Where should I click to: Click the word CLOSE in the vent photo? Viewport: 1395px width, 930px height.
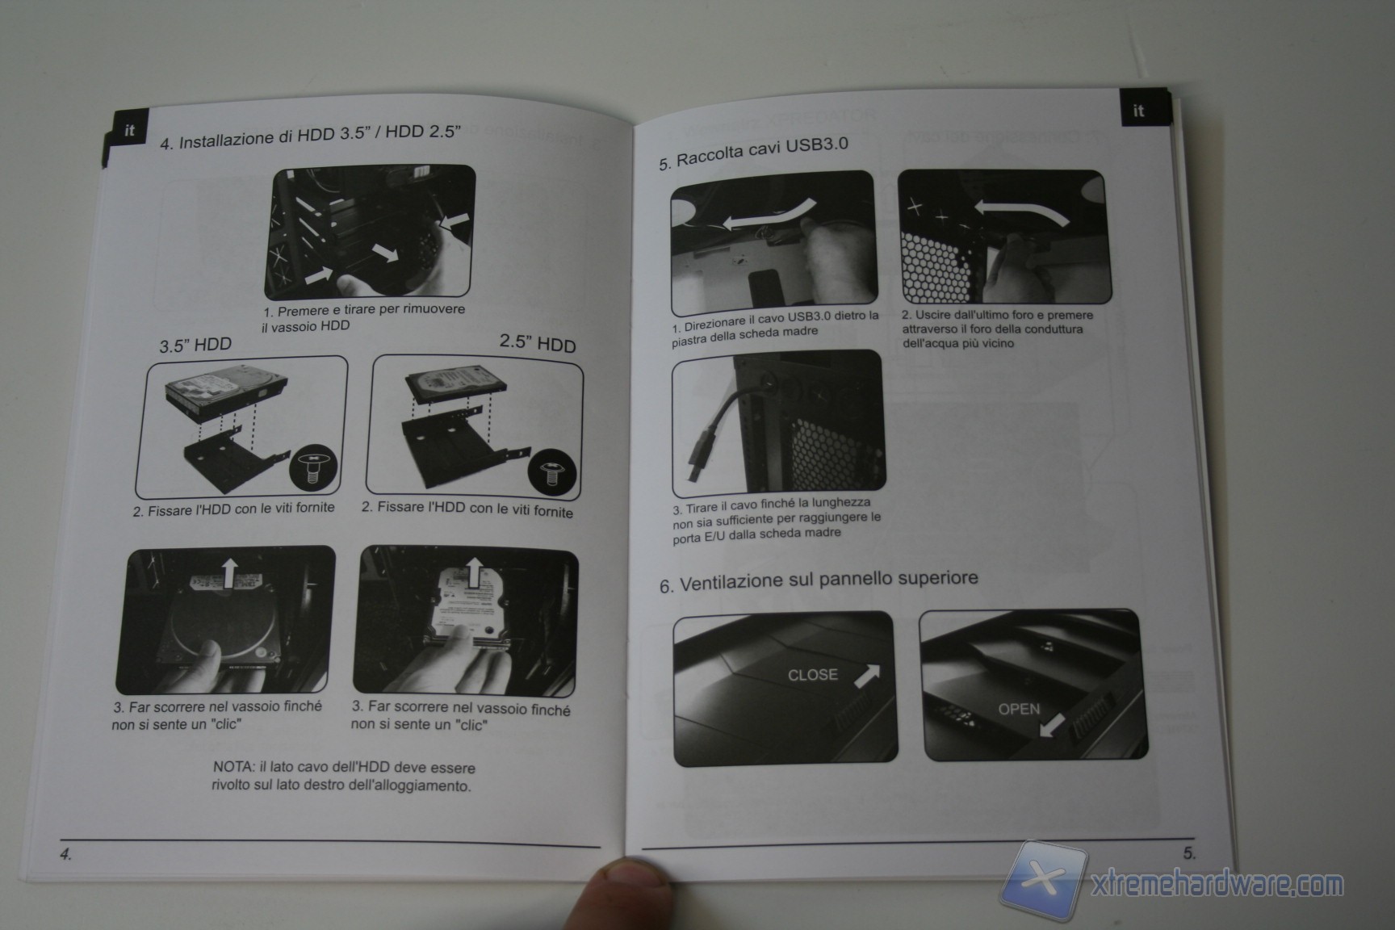(x=812, y=675)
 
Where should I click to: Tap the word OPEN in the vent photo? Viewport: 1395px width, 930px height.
(x=1019, y=709)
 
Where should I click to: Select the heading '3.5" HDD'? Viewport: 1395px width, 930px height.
(x=195, y=346)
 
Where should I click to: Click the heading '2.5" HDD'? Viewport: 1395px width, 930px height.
(x=538, y=343)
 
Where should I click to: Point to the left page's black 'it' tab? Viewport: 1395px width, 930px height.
(x=123, y=134)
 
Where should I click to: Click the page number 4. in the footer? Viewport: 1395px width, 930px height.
(x=66, y=854)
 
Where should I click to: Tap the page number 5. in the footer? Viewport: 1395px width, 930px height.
(x=1189, y=852)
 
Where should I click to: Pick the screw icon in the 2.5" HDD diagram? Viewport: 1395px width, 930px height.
(x=552, y=471)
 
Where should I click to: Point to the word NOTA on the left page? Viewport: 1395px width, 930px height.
(x=233, y=766)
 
